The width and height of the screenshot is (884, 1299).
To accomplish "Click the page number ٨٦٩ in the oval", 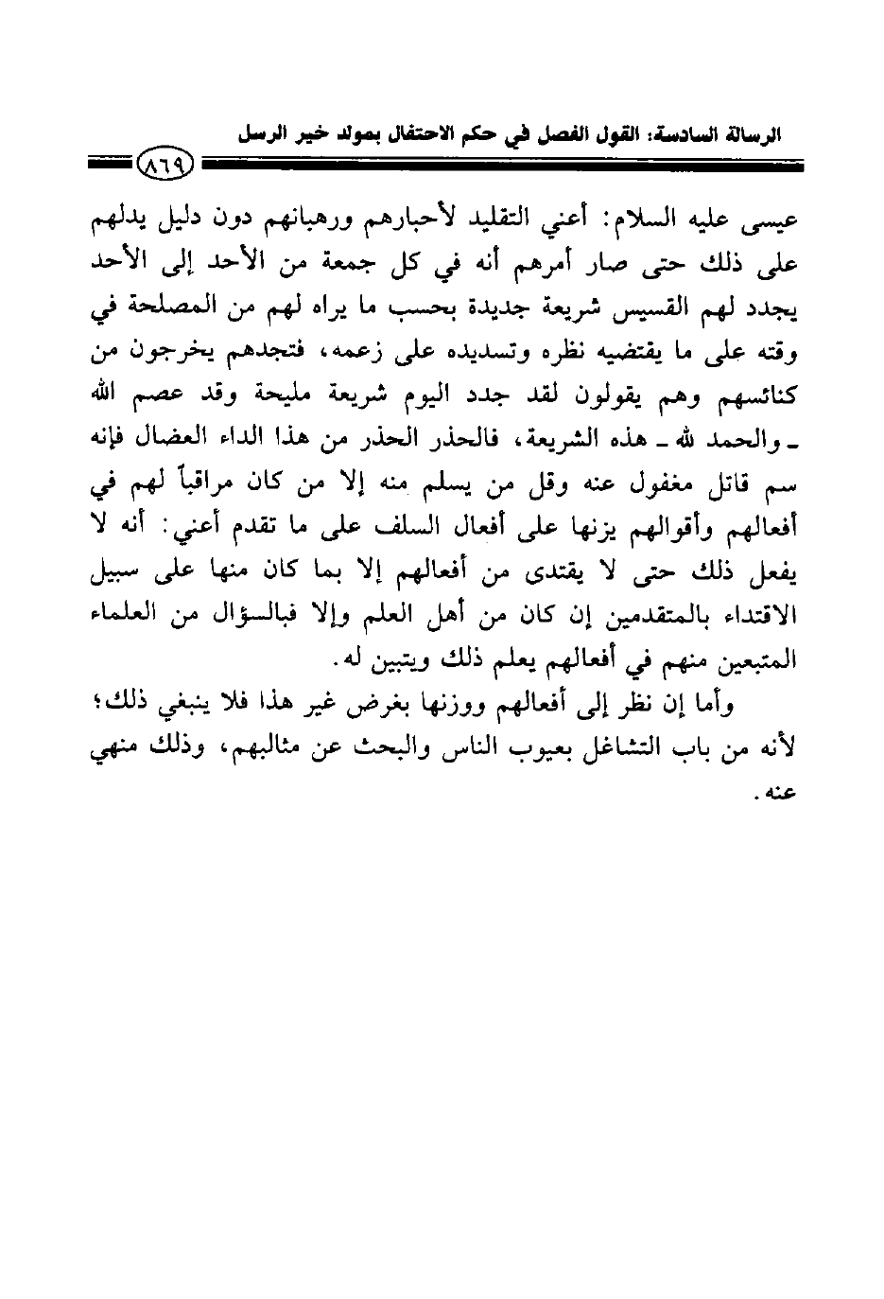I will [165, 167].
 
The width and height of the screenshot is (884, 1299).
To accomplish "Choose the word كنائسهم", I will [754, 396].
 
